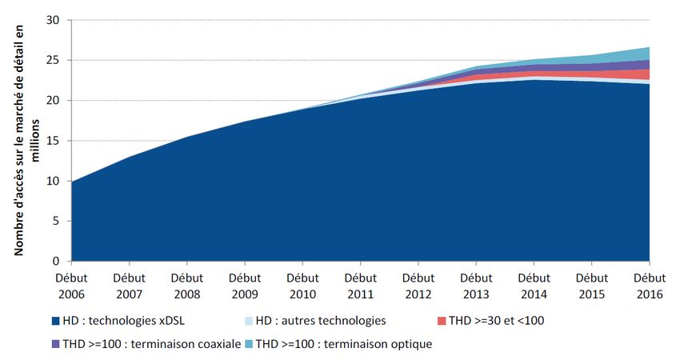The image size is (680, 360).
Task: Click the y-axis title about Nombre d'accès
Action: pyautogui.click(x=22, y=141)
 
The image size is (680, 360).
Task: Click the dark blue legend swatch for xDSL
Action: pyautogui.click(x=55, y=322)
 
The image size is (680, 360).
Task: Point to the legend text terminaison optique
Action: pyautogui.click(x=381, y=345)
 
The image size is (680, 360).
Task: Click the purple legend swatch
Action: pyautogui.click(x=55, y=345)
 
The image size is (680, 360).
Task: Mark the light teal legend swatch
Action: pyautogui.click(x=249, y=345)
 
